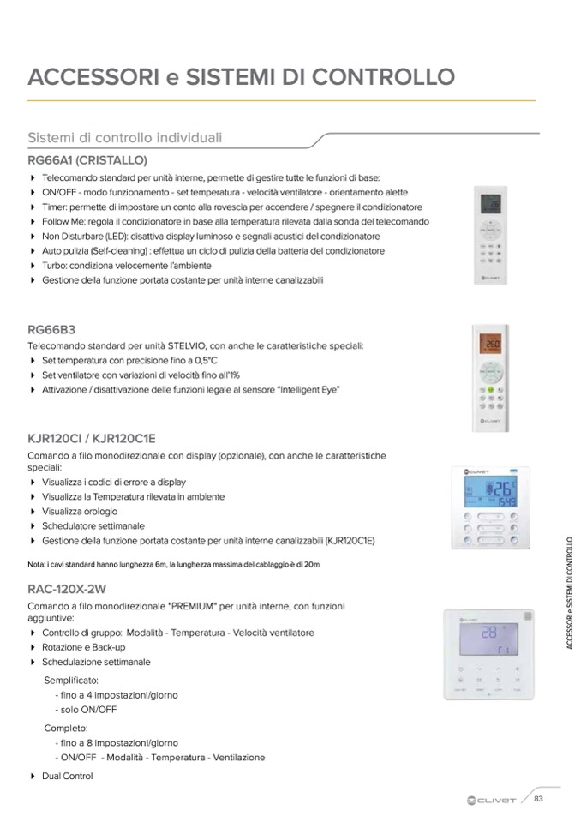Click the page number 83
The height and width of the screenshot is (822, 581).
pyautogui.click(x=539, y=799)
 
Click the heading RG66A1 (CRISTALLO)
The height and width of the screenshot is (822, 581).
pyautogui.click(x=87, y=159)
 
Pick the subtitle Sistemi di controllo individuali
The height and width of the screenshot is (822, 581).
pyautogui.click(x=125, y=137)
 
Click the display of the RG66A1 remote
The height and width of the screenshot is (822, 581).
pyautogui.click(x=492, y=204)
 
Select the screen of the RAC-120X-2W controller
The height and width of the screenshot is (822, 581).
pyautogui.click(x=488, y=638)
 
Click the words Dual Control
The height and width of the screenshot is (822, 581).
pyautogui.click(x=67, y=776)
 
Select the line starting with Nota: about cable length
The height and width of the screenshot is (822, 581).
pyautogui.click(x=173, y=564)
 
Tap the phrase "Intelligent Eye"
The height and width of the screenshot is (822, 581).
pyautogui.click(x=307, y=389)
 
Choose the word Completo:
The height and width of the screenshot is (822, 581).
pyautogui.click(x=65, y=728)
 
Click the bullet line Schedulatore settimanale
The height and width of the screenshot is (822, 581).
pyautogui.click(x=93, y=525)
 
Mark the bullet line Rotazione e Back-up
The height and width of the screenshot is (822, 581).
pyautogui.click(x=83, y=647)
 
